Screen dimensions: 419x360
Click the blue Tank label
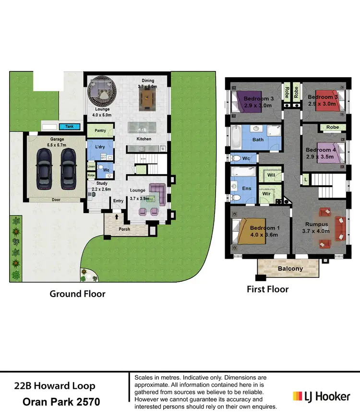point(70,127)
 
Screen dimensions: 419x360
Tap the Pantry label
point(100,130)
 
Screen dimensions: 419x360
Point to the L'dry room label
point(100,146)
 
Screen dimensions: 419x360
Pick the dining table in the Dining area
point(147,101)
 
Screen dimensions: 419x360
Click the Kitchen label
point(144,139)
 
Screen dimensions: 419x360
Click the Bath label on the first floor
point(258,140)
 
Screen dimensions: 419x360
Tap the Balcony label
point(290,268)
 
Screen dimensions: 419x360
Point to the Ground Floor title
point(77,293)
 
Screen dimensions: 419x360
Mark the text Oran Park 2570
point(61,402)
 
